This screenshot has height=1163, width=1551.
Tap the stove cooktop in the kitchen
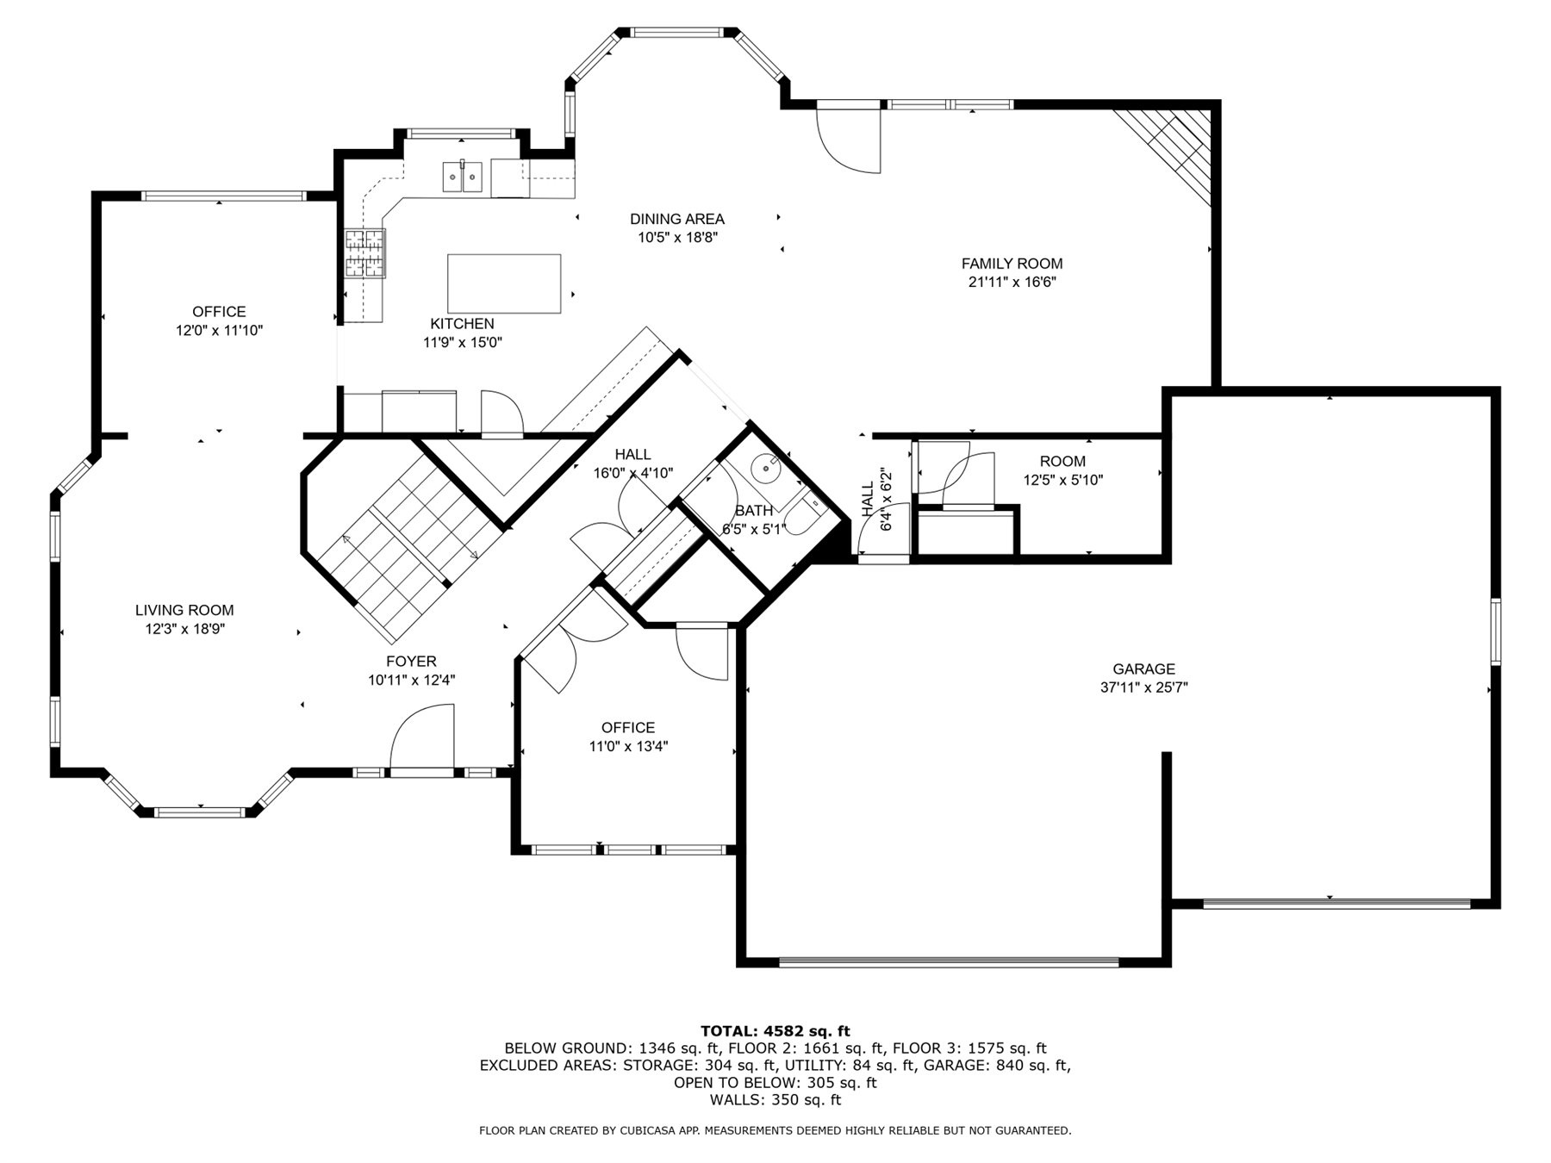364,253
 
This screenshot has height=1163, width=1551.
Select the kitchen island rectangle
504,284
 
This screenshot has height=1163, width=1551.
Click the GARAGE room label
1143,669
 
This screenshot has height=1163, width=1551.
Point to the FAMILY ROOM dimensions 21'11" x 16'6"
1012,282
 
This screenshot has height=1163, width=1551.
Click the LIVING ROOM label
184,610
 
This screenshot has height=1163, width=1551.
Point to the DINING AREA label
676,219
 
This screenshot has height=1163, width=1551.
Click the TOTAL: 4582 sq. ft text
775,1030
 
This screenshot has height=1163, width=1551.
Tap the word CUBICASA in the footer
645,1130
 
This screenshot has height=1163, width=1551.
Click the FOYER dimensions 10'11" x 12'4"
411,680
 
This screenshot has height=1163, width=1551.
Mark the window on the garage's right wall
1496,631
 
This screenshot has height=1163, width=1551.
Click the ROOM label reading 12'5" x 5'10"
1062,461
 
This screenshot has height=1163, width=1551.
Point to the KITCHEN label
462,324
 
